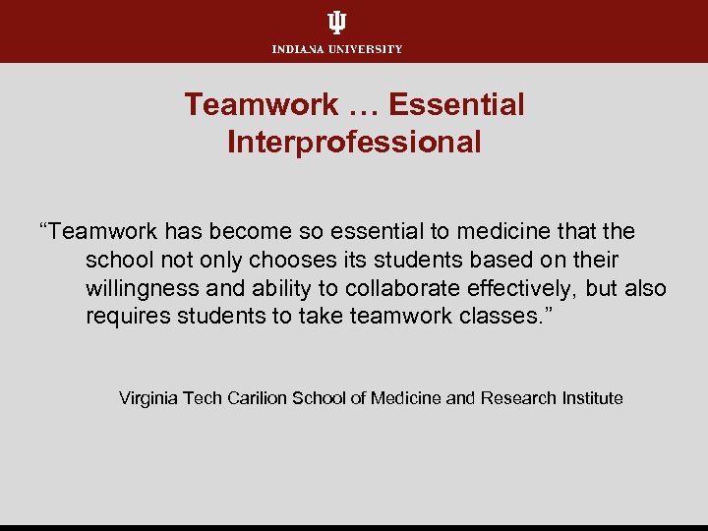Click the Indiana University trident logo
pos(337,23)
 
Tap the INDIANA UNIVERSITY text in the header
pos(337,49)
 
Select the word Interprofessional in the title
pos(354,143)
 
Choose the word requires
pos(125,317)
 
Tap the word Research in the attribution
pos(518,398)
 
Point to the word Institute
pos(592,398)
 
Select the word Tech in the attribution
pos(202,398)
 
